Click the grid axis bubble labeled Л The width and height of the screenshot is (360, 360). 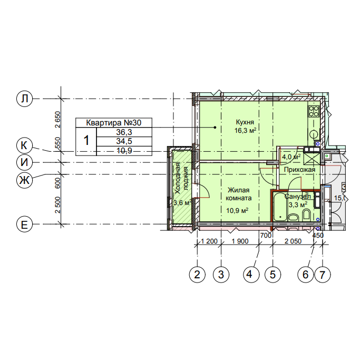click(24, 99)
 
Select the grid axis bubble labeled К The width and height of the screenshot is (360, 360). click(24, 145)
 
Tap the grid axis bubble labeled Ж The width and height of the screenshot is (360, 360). click(24, 180)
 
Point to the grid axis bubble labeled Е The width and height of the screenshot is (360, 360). click(24, 225)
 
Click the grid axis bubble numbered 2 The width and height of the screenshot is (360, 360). click(197, 275)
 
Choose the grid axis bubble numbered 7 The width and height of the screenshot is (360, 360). click(323, 275)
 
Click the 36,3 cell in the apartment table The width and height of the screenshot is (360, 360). click(124, 132)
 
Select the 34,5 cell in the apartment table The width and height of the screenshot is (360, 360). click(124, 141)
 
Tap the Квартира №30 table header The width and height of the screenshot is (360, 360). click(114, 123)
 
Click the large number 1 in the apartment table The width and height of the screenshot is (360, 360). click(86, 141)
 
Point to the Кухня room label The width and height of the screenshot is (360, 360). click(245, 122)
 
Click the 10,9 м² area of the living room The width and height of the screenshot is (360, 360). click(237, 210)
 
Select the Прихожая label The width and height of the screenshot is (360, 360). click(299, 170)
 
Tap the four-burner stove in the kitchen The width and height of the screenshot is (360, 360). click(314, 111)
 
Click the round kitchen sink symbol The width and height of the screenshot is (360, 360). click(314, 134)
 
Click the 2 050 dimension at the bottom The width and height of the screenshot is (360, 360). click(293, 241)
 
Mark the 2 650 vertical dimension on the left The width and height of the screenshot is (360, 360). click(57, 120)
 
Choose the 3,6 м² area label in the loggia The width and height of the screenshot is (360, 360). click(182, 203)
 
